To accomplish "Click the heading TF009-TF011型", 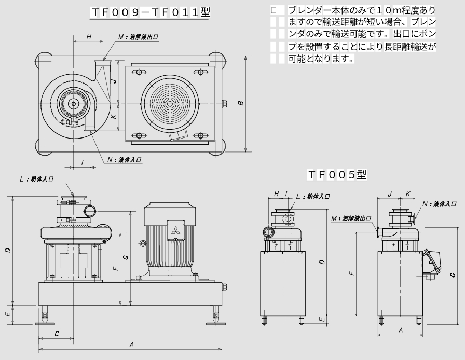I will click(x=151, y=13).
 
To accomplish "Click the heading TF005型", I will click(x=337, y=174).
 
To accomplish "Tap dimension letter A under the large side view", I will click(x=131, y=344).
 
